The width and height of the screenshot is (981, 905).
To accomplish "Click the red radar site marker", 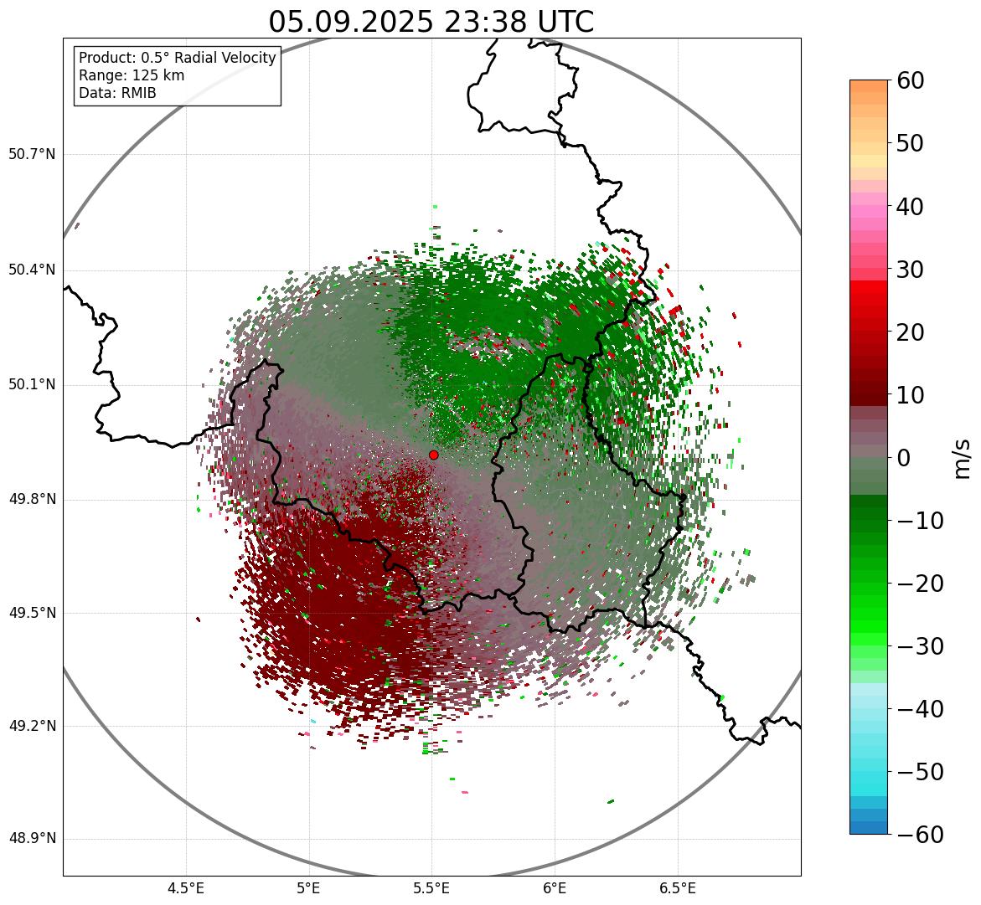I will point(433,455).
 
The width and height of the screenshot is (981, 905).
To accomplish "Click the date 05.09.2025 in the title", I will point(350,22).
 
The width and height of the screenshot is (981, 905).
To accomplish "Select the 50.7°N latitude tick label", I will point(32,154).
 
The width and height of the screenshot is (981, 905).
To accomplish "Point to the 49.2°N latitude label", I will point(32,726).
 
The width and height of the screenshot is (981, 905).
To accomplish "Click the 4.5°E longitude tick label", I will point(186,888).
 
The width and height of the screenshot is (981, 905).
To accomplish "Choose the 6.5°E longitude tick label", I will point(678,888).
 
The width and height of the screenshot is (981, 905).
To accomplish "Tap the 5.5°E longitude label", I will point(431,888).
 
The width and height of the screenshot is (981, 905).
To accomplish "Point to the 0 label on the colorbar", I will point(904,458).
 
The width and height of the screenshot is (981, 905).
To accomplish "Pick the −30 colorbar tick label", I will point(920,646).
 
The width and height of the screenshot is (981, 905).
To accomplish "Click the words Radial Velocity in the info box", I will point(222,58).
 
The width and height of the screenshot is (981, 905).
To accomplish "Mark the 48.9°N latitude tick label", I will point(32,839).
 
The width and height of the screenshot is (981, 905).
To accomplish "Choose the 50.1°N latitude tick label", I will point(32,385).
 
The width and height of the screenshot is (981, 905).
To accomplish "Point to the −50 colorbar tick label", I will point(920,772).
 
